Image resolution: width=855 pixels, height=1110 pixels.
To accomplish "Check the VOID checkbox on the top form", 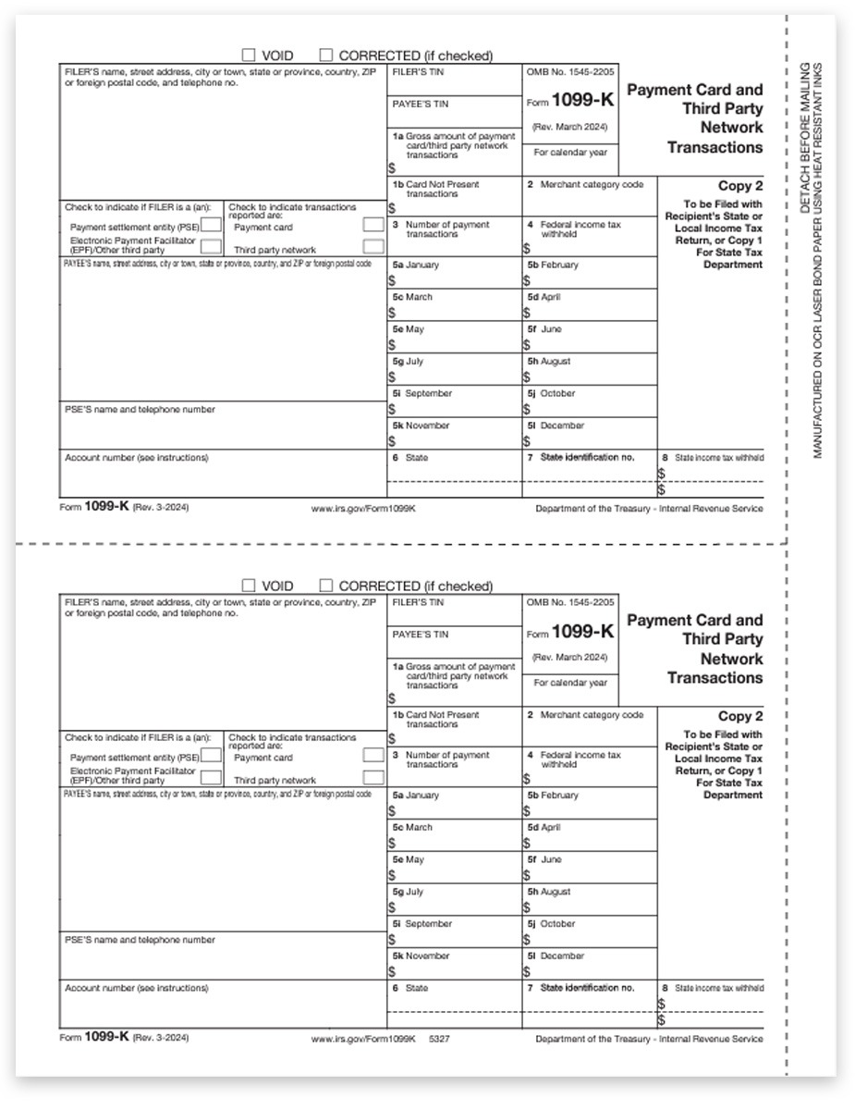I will pyautogui.click(x=249, y=55).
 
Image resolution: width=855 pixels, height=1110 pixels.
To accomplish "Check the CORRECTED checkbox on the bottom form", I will pyautogui.click(x=326, y=586).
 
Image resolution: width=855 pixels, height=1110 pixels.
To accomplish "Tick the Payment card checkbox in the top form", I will pyautogui.click(x=373, y=225).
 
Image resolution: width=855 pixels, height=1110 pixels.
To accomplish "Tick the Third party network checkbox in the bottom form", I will pyautogui.click(x=373, y=778).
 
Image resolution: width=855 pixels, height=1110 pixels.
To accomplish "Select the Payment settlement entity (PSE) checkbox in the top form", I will pyautogui.click(x=211, y=225).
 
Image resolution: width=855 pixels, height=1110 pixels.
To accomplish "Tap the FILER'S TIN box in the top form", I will pyautogui.click(x=454, y=80).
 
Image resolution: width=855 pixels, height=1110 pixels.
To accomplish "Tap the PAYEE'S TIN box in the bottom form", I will pyautogui.click(x=454, y=642).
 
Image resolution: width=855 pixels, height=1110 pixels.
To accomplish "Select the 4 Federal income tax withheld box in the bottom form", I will pyautogui.click(x=589, y=766).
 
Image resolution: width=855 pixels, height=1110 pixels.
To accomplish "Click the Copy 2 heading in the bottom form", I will pyautogui.click(x=740, y=716).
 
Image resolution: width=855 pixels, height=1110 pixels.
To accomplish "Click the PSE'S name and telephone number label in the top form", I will pyautogui.click(x=140, y=409).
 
